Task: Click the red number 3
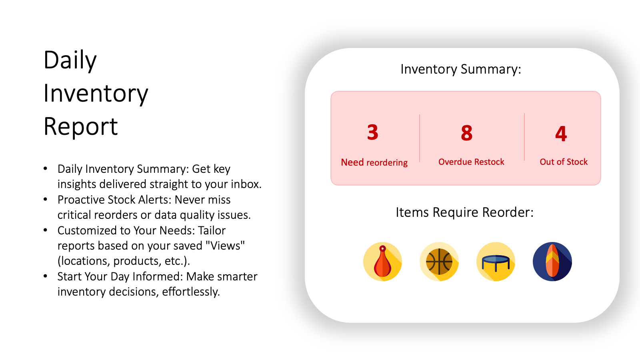[372, 132]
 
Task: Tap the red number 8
[466, 133]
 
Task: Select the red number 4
[561, 134]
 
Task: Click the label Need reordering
[374, 162]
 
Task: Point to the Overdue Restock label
[471, 162]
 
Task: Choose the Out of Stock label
[564, 162]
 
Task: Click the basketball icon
[439, 262]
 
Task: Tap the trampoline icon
[496, 262]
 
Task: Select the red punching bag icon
[382, 262]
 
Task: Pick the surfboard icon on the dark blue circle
[552, 262]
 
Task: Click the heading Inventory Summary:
[461, 69]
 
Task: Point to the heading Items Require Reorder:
[464, 212]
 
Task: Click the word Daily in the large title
[70, 61]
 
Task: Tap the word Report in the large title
[80, 126]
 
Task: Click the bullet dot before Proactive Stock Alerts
[46, 199]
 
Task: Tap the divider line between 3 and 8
[420, 138]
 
